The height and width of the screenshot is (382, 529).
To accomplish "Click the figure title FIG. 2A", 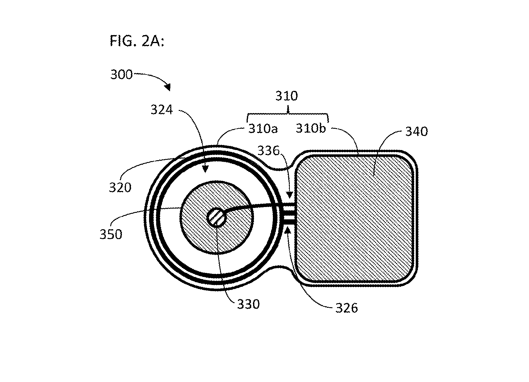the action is click(137, 41).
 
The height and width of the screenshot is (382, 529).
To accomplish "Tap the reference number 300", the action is click(121, 75).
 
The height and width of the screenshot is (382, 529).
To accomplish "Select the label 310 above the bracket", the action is click(287, 96).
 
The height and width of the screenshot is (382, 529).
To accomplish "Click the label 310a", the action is click(263, 129).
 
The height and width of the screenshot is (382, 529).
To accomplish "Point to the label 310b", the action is click(311, 128).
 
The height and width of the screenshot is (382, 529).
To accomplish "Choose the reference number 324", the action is click(162, 110).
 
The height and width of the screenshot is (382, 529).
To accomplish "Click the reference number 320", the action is click(120, 188).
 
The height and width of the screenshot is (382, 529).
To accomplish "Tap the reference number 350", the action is click(111, 234).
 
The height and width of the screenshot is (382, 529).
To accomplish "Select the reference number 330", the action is click(248, 304).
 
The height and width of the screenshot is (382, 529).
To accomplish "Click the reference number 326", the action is click(347, 308).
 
